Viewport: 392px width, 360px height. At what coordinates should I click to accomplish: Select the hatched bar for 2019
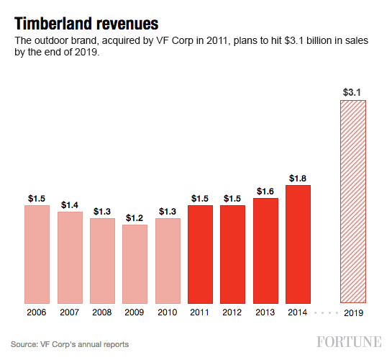[x=352, y=201]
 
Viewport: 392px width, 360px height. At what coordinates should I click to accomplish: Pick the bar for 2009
[x=135, y=264]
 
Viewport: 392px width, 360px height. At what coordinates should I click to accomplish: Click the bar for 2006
[x=37, y=253]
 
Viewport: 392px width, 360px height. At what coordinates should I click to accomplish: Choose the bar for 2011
[x=200, y=253]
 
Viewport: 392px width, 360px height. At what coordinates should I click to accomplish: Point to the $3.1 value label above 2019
[x=352, y=91]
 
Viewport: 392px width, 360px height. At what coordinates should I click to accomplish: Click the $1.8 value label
[x=298, y=177]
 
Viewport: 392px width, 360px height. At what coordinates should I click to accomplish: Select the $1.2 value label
[x=135, y=217]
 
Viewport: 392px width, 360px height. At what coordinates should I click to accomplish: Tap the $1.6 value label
[x=265, y=190]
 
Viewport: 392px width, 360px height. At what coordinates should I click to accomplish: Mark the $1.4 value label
[x=70, y=204]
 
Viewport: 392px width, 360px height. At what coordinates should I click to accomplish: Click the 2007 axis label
[x=70, y=313]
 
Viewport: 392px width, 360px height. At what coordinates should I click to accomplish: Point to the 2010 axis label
[x=168, y=313]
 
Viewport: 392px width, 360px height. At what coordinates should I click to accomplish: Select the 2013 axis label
[x=265, y=313]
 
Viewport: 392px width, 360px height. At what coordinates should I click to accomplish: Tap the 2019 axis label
[x=352, y=313]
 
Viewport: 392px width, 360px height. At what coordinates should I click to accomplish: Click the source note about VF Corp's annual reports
[x=70, y=344]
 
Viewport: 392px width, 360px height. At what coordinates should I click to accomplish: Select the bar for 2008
[x=102, y=260]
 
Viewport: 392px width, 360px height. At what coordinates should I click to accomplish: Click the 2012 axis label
[x=232, y=313]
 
